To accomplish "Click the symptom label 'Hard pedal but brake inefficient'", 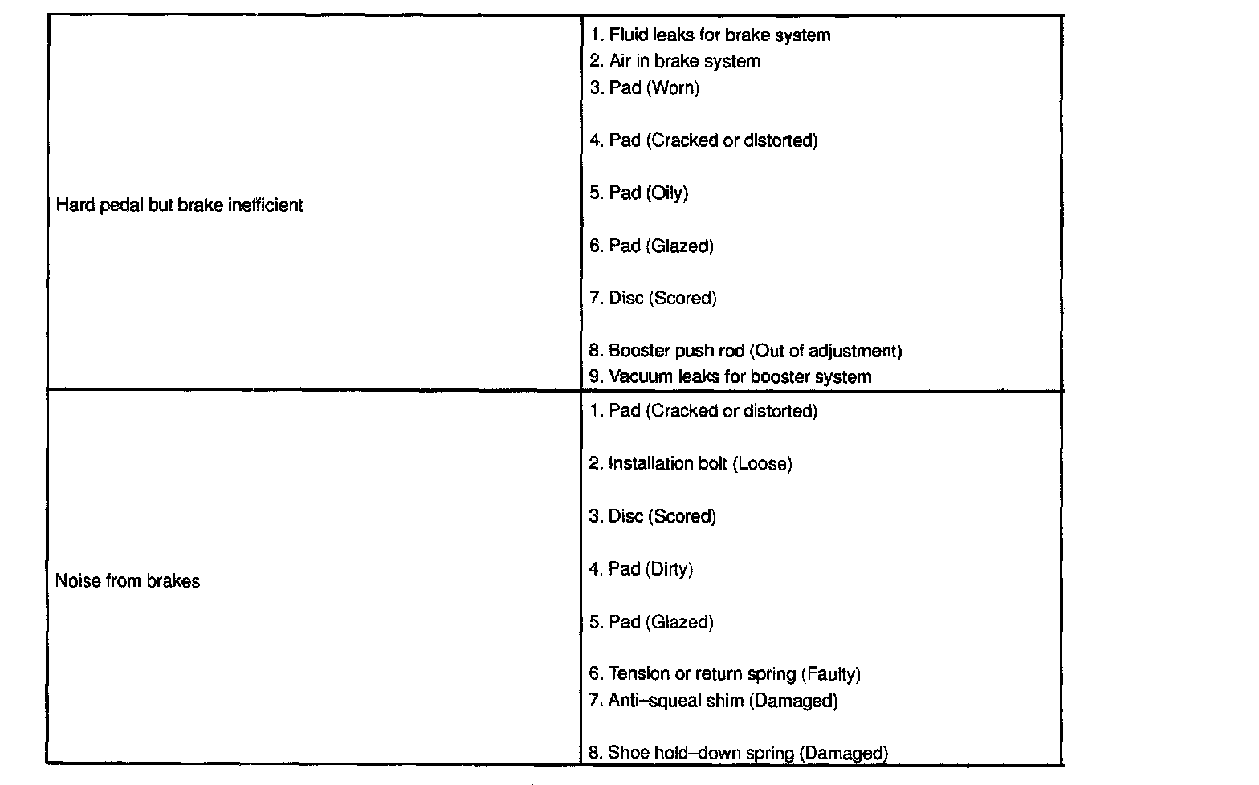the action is [179, 205].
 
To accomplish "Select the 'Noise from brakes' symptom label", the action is [128, 581].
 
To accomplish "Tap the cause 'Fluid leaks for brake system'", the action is [710, 35].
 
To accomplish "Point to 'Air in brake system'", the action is [674, 61].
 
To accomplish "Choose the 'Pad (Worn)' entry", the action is [645, 87].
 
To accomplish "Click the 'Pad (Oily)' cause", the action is [639, 193].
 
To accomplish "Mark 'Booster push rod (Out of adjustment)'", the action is [746, 351].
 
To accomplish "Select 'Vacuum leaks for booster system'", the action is [730, 376].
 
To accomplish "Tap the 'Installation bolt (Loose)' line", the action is [691, 464].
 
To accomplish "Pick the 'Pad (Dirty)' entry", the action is [641, 569].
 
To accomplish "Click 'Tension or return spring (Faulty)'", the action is [724, 674].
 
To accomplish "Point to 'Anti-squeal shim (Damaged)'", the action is [713, 701].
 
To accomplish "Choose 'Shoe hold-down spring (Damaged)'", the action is [738, 753].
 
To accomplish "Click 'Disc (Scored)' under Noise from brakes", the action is [652, 516].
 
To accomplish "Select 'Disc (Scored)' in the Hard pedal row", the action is [653, 299].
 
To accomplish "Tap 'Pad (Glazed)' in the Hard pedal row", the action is [651, 246].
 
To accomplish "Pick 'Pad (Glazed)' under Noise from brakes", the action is [651, 622].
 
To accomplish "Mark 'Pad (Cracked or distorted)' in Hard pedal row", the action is [703, 140].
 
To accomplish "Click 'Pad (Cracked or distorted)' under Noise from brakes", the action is [703, 411].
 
